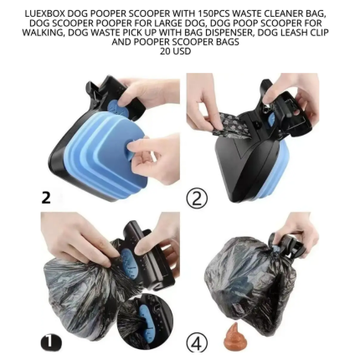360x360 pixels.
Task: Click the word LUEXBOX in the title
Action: pyautogui.click(x=45, y=15)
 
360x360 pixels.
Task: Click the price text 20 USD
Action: pyautogui.click(x=175, y=51)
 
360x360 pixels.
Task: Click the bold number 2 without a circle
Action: pyautogui.click(x=46, y=198)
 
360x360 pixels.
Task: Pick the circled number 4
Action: pyautogui.click(x=198, y=342)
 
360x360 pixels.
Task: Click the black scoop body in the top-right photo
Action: pyautogui.click(x=243, y=163)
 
